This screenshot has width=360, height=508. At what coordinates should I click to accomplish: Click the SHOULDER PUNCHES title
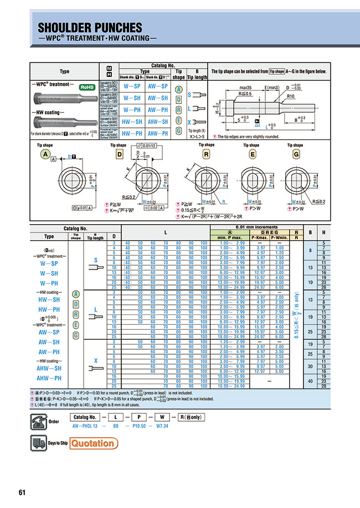90,27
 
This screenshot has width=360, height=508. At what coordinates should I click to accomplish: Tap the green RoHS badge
87,87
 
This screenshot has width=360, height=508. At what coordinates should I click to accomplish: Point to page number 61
22,493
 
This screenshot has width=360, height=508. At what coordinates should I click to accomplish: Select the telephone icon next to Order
37,420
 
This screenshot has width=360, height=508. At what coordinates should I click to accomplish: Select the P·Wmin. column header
280,237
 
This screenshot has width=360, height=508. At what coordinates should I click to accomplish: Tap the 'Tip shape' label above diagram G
295,145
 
